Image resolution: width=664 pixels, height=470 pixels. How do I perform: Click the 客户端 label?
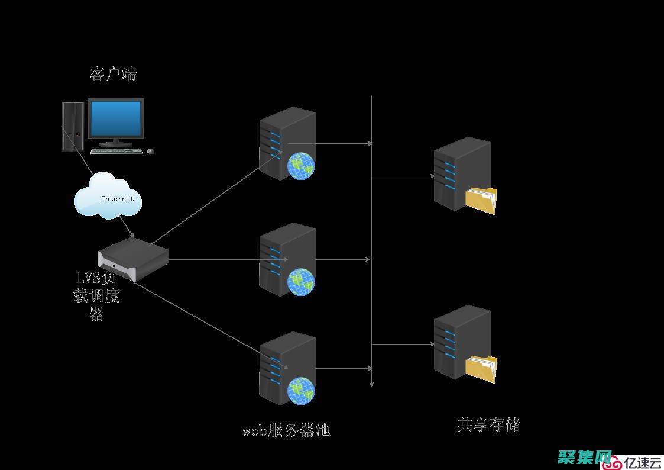(113, 74)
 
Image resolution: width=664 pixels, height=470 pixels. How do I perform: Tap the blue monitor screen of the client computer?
(115, 118)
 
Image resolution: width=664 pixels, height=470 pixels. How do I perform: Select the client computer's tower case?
(73, 127)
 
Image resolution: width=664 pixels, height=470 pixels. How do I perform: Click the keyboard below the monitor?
(116, 151)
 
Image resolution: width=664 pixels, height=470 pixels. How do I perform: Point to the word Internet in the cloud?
(117, 199)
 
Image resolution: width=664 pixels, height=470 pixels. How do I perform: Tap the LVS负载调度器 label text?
(97, 295)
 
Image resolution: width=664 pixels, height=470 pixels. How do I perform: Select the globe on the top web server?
(301, 166)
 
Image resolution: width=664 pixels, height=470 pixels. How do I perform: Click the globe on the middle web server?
(301, 282)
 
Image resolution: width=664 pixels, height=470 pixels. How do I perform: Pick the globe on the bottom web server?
(301, 391)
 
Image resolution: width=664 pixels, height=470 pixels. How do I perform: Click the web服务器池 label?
(286, 430)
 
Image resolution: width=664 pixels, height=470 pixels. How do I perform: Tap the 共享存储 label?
(488, 424)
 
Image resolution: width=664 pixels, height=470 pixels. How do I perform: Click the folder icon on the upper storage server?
(481, 200)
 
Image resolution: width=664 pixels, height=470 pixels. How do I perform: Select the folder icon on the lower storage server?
(481, 369)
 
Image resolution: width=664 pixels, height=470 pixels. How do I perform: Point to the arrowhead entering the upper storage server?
(432, 176)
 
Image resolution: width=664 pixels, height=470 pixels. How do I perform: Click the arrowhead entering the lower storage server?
(432, 344)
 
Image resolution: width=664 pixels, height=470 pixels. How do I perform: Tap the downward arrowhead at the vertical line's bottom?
(371, 384)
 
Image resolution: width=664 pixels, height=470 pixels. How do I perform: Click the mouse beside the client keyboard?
(150, 152)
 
